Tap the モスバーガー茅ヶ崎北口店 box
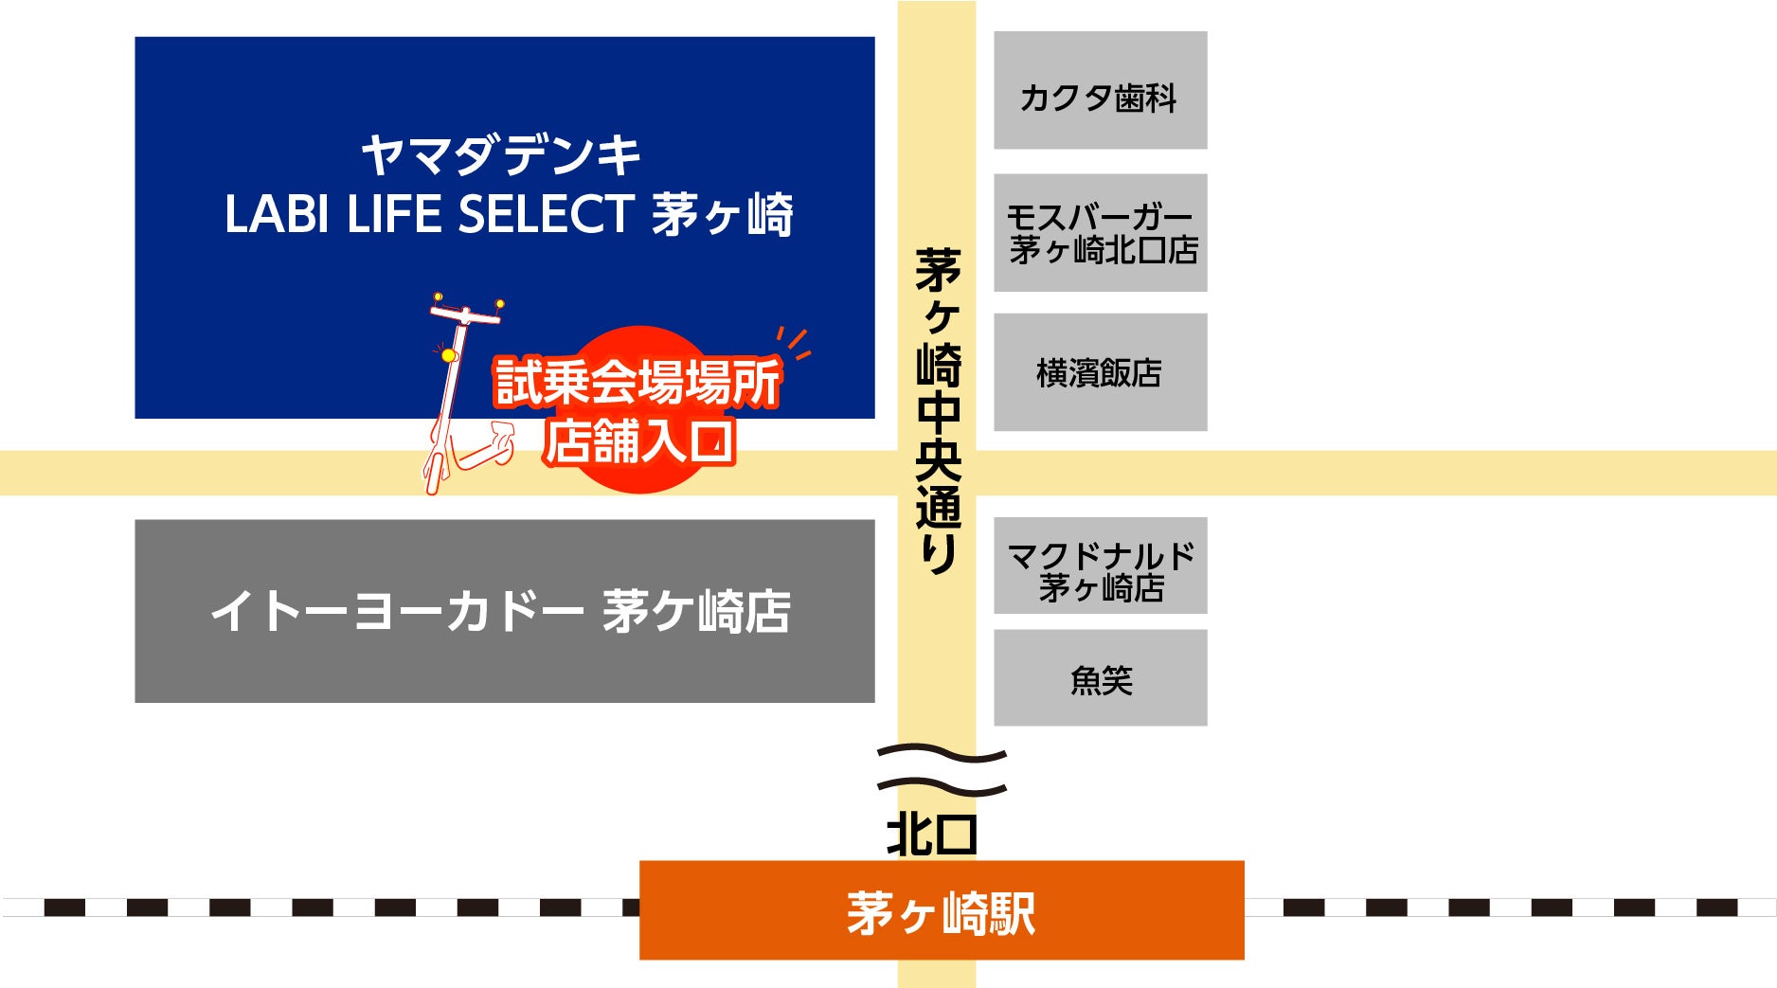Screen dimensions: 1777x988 1100,233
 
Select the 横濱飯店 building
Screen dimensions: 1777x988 1100,372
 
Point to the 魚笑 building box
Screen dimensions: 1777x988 1100,678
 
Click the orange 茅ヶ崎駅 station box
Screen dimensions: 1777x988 941,910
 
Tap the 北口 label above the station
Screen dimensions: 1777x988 931,835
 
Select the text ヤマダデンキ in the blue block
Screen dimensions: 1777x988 502,154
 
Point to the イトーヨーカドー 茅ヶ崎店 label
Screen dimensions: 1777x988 500,611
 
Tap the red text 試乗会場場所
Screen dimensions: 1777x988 637,382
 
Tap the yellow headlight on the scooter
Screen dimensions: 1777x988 448,355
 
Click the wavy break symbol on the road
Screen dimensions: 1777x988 941,770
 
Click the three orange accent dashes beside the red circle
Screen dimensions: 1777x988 795,343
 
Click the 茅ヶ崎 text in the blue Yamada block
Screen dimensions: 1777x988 723,215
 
